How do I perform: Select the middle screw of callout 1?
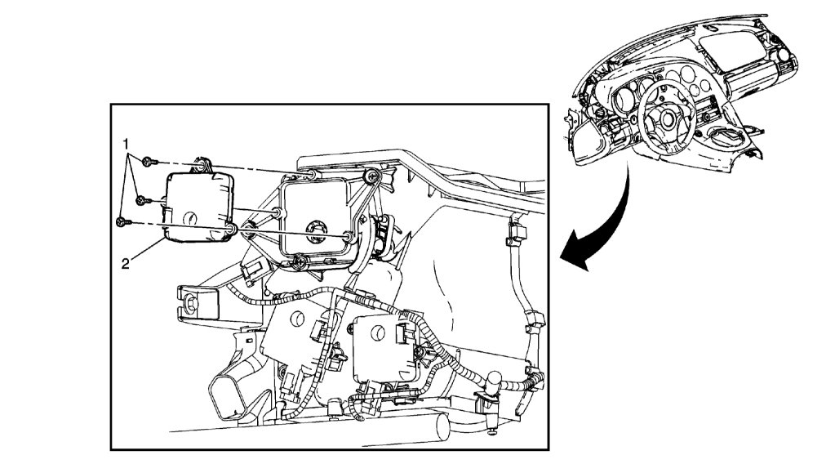coord(140,200)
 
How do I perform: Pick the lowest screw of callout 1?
coord(122,221)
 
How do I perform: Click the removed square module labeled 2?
coord(196,208)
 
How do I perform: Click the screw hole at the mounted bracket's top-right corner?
coord(372,176)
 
